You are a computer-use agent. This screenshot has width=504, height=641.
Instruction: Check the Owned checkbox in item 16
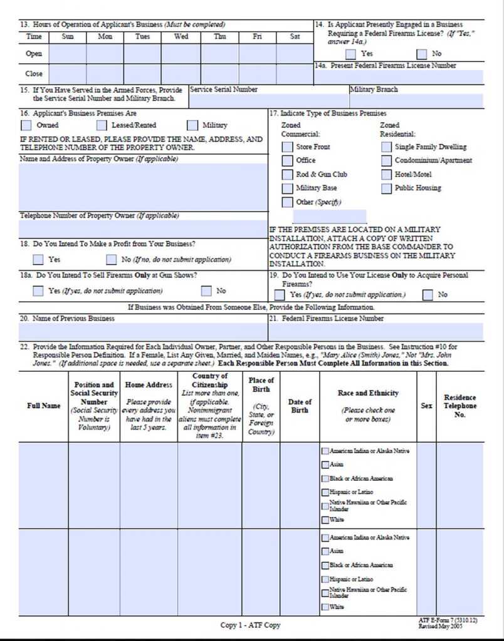click(x=26, y=126)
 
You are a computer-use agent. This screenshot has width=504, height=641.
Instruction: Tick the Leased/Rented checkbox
click(x=102, y=126)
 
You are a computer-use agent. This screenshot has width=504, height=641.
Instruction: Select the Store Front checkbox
click(x=286, y=147)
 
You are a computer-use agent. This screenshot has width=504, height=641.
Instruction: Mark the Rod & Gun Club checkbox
click(x=286, y=175)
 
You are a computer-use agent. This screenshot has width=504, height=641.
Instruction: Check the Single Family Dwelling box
click(x=386, y=147)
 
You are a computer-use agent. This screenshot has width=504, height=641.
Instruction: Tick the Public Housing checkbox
click(x=386, y=188)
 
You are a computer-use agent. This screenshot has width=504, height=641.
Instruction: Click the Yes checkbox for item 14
click(x=351, y=54)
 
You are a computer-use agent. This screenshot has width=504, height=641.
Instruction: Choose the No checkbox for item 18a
click(x=206, y=291)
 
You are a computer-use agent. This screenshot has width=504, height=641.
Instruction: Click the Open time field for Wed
click(x=181, y=54)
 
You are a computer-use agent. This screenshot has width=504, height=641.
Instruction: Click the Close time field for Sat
click(x=295, y=74)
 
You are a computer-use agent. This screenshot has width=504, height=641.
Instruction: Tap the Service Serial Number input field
click(x=268, y=101)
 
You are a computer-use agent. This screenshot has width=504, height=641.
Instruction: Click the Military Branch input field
click(x=416, y=101)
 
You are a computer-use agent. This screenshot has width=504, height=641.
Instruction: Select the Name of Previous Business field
click(x=143, y=331)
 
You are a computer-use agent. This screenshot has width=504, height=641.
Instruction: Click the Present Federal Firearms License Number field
click(x=399, y=77)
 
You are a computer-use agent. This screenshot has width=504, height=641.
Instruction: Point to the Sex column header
click(x=426, y=406)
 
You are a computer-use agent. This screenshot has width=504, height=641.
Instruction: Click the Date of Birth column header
click(x=299, y=406)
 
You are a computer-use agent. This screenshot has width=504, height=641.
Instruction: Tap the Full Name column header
click(x=43, y=406)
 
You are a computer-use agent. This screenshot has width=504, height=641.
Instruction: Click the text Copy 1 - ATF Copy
click(x=250, y=625)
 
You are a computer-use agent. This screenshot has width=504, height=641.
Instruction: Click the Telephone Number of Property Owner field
click(x=143, y=228)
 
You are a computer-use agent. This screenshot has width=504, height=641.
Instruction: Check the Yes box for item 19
click(x=280, y=295)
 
